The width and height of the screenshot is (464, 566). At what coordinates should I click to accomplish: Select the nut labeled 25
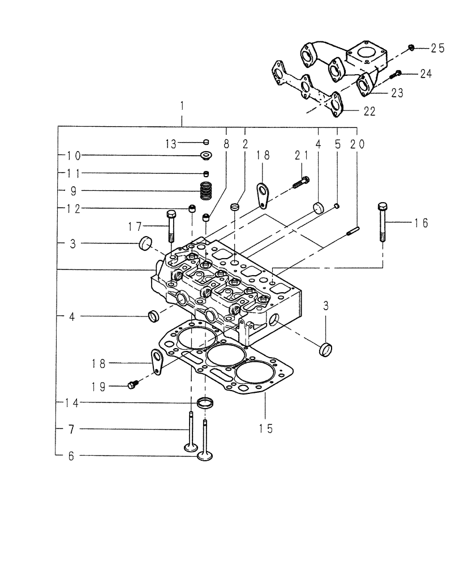tap(411, 48)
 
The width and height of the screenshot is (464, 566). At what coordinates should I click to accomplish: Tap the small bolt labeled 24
tap(396, 73)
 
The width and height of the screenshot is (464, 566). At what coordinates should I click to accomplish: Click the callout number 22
tap(368, 112)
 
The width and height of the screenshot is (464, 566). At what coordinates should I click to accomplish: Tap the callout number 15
tap(265, 428)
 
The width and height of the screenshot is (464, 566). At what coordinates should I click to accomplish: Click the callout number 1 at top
tap(182, 106)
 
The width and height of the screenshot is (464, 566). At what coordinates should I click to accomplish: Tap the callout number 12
tap(74, 208)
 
